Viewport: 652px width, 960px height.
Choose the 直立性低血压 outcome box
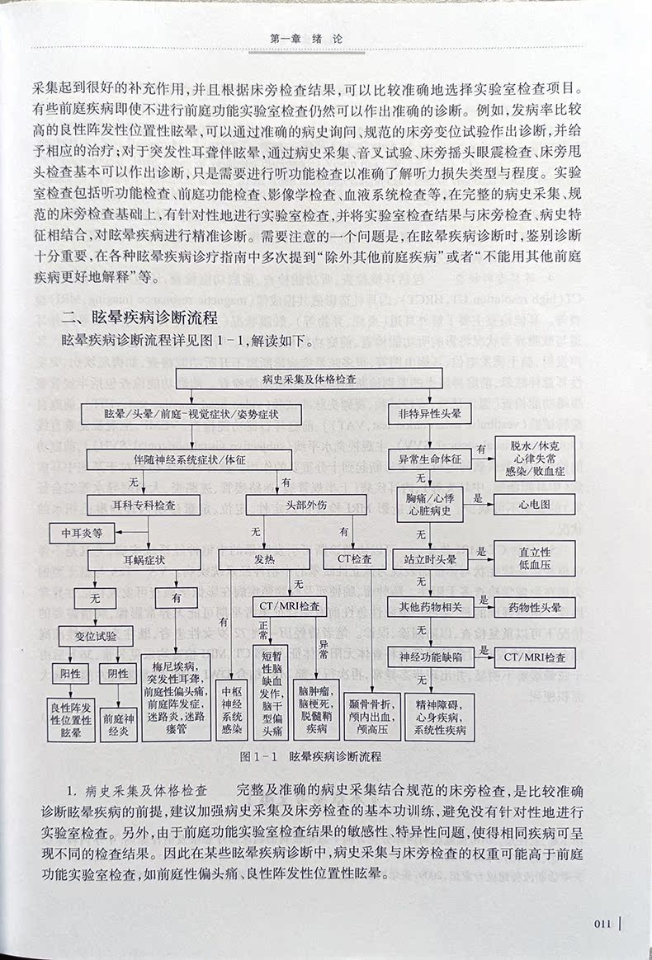[534, 558]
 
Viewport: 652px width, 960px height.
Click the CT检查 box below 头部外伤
[355, 559]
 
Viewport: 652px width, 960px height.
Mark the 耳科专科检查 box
[145, 502]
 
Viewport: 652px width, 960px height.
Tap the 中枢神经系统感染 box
[229, 712]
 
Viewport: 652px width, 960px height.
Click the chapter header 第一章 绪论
[305, 37]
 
